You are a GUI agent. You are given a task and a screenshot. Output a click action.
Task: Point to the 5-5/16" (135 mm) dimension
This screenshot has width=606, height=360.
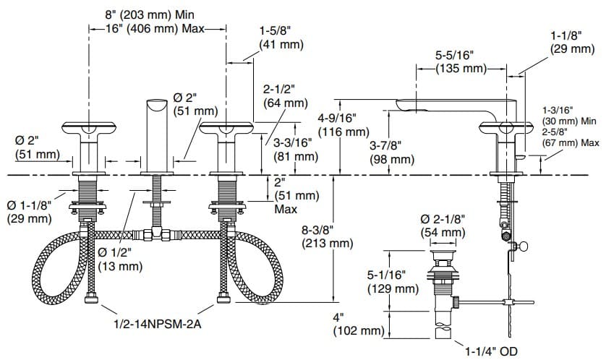[461, 61]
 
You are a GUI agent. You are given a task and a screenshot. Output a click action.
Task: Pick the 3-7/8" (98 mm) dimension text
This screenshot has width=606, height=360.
[391, 152]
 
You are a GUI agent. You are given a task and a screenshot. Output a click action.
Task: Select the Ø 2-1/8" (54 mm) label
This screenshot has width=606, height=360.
[443, 225]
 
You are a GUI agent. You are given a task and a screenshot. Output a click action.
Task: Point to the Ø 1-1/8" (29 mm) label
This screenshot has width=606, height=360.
[29, 211]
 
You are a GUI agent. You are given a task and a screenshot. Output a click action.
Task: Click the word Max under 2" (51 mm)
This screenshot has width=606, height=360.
[285, 209]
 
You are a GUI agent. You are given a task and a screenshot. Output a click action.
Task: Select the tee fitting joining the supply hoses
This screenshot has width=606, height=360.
[155, 234]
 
